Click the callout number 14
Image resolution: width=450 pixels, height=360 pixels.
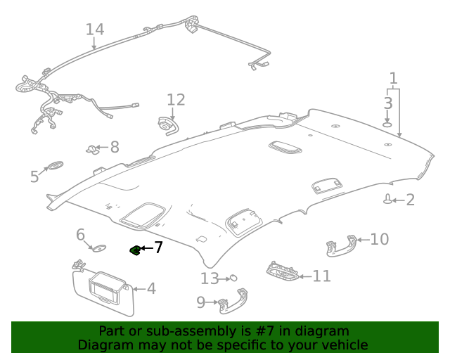click(x=94, y=30)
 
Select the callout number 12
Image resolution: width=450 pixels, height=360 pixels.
click(x=175, y=99)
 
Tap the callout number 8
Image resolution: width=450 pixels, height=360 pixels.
click(x=114, y=147)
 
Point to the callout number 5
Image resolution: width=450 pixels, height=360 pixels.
click(x=34, y=176)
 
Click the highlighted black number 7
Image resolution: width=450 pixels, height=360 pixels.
click(x=158, y=247)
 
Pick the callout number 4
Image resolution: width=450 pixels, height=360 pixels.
click(x=150, y=288)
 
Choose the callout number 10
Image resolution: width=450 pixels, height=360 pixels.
click(x=379, y=240)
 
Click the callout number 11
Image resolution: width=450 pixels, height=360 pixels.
click(x=321, y=276)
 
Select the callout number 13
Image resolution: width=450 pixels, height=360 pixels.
click(x=210, y=279)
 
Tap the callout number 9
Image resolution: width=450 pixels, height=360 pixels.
click(x=200, y=302)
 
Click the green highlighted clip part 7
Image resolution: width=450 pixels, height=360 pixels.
click(x=134, y=250)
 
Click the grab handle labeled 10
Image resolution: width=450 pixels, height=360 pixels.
click(x=340, y=244)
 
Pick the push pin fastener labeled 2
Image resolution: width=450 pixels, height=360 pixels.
click(x=387, y=200)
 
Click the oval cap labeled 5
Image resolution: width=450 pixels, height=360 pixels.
click(x=54, y=167)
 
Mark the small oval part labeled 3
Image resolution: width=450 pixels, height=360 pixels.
click(x=387, y=124)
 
